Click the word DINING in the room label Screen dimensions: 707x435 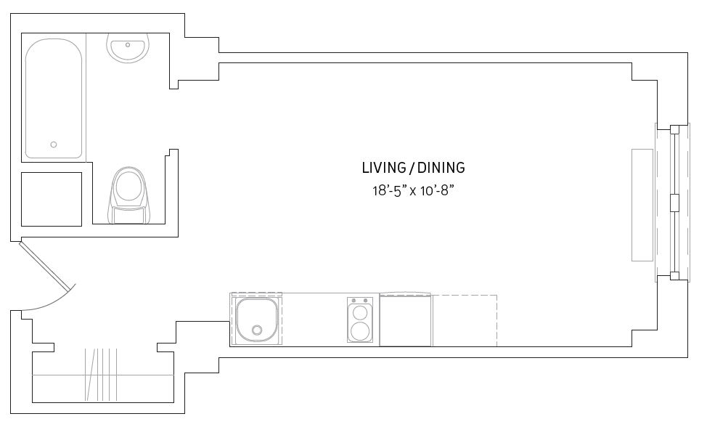(x=441, y=168)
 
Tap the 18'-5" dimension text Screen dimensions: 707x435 (x=388, y=191)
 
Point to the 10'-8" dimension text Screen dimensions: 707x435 (x=436, y=191)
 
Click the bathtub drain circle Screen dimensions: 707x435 (x=54, y=145)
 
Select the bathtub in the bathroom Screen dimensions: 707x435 (x=54, y=98)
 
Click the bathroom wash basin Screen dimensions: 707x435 (x=128, y=48)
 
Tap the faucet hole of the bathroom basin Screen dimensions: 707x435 (x=128, y=45)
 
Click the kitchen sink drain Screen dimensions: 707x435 (x=257, y=330)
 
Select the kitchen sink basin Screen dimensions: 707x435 (x=256, y=320)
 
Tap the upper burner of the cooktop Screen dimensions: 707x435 (x=360, y=312)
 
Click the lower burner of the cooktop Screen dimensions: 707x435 (x=360, y=330)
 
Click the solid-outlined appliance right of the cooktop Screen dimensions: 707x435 (x=405, y=320)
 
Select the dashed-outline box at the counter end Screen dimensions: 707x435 (x=465, y=320)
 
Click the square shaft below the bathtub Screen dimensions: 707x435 (x=52, y=199)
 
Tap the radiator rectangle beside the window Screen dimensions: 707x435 (x=642, y=205)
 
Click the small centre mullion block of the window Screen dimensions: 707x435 (x=674, y=202)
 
